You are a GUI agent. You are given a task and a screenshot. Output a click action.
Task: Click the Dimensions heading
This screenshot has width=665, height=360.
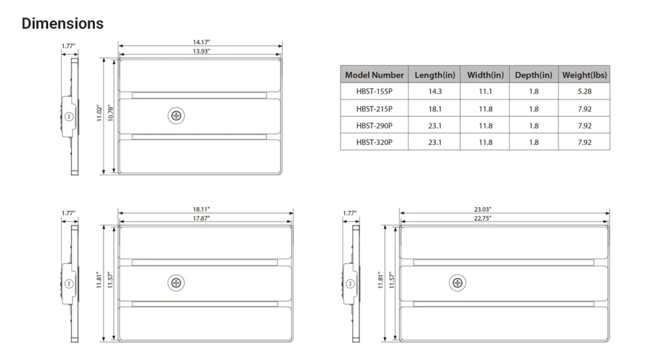click(x=62, y=23)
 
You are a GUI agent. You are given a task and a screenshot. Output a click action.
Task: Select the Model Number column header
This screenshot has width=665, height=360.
click(x=374, y=75)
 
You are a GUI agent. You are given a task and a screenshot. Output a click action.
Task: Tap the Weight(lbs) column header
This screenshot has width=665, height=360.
click(x=584, y=75)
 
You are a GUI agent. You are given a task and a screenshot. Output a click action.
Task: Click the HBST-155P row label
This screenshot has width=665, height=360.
click(x=374, y=91)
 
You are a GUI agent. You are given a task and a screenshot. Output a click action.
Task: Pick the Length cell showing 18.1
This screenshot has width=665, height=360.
click(x=434, y=109)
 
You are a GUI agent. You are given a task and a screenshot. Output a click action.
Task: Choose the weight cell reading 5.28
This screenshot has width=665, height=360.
click(x=584, y=91)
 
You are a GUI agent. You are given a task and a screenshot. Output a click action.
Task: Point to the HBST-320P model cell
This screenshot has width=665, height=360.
click(x=374, y=142)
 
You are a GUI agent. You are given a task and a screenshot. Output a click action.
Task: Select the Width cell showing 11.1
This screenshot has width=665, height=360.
click(x=486, y=91)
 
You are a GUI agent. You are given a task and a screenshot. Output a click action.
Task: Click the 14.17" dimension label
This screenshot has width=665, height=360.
click(x=201, y=42)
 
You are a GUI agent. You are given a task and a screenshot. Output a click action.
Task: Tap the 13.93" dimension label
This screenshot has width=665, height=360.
click(x=201, y=51)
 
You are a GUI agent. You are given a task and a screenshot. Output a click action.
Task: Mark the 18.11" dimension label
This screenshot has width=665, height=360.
click(x=201, y=209)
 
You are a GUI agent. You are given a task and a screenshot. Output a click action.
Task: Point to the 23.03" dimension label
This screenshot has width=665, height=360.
click(x=483, y=209)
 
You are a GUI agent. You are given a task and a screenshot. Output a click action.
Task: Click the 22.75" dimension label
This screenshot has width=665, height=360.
click(x=483, y=218)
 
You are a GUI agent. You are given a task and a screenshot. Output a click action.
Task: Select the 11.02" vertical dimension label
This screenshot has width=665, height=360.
click(x=99, y=113)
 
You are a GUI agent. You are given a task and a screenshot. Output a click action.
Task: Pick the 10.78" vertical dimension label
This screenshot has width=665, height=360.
click(x=110, y=113)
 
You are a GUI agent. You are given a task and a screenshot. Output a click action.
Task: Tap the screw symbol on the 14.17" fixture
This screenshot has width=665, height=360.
click(x=176, y=116)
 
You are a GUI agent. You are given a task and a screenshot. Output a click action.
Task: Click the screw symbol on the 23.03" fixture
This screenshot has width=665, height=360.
click(x=458, y=283)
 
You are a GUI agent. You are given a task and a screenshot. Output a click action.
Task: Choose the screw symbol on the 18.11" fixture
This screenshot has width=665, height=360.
click(x=176, y=283)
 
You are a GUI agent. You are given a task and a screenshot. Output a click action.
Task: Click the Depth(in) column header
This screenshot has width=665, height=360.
click(x=534, y=75)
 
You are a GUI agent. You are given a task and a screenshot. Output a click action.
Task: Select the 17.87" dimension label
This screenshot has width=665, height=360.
click(x=201, y=218)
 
